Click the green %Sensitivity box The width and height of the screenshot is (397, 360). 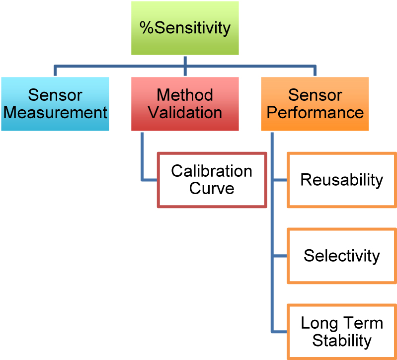(x=185, y=28)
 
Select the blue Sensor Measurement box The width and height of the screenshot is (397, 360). (x=55, y=104)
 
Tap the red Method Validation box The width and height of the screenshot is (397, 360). (x=185, y=104)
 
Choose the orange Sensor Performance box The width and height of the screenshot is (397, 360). (x=315, y=104)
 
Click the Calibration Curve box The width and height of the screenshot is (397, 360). (x=212, y=180)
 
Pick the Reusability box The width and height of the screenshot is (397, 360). (x=342, y=180)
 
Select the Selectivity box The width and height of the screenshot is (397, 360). (x=342, y=256)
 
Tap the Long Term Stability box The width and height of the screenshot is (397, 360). (x=342, y=332)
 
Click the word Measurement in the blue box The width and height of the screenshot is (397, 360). (x=55, y=112)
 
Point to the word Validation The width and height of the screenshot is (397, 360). (x=185, y=112)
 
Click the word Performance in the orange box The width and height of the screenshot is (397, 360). (x=315, y=112)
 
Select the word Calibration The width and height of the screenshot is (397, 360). (x=212, y=171)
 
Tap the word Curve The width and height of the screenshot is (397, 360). (x=212, y=189)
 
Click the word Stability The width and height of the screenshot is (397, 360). (x=342, y=341)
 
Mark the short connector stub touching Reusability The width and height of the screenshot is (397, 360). (x=280, y=180)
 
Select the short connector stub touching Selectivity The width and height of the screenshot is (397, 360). (x=280, y=256)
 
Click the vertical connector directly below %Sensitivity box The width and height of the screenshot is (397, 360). (x=185, y=60)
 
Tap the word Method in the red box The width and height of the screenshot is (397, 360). (x=185, y=95)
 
